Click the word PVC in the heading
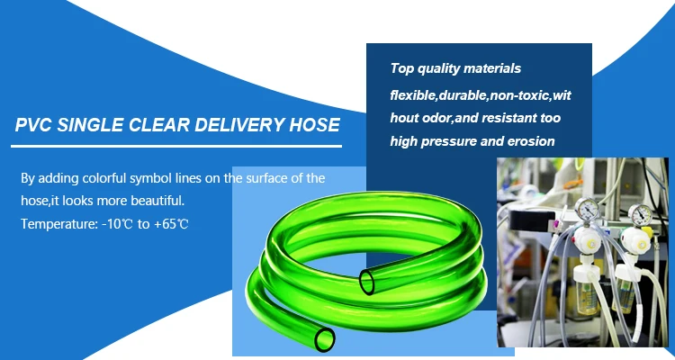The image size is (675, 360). tap(36, 125)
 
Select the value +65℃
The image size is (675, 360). tap(171, 221)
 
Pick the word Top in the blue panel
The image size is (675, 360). tap(402, 68)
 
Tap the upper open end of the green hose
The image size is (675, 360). tap(370, 279)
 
